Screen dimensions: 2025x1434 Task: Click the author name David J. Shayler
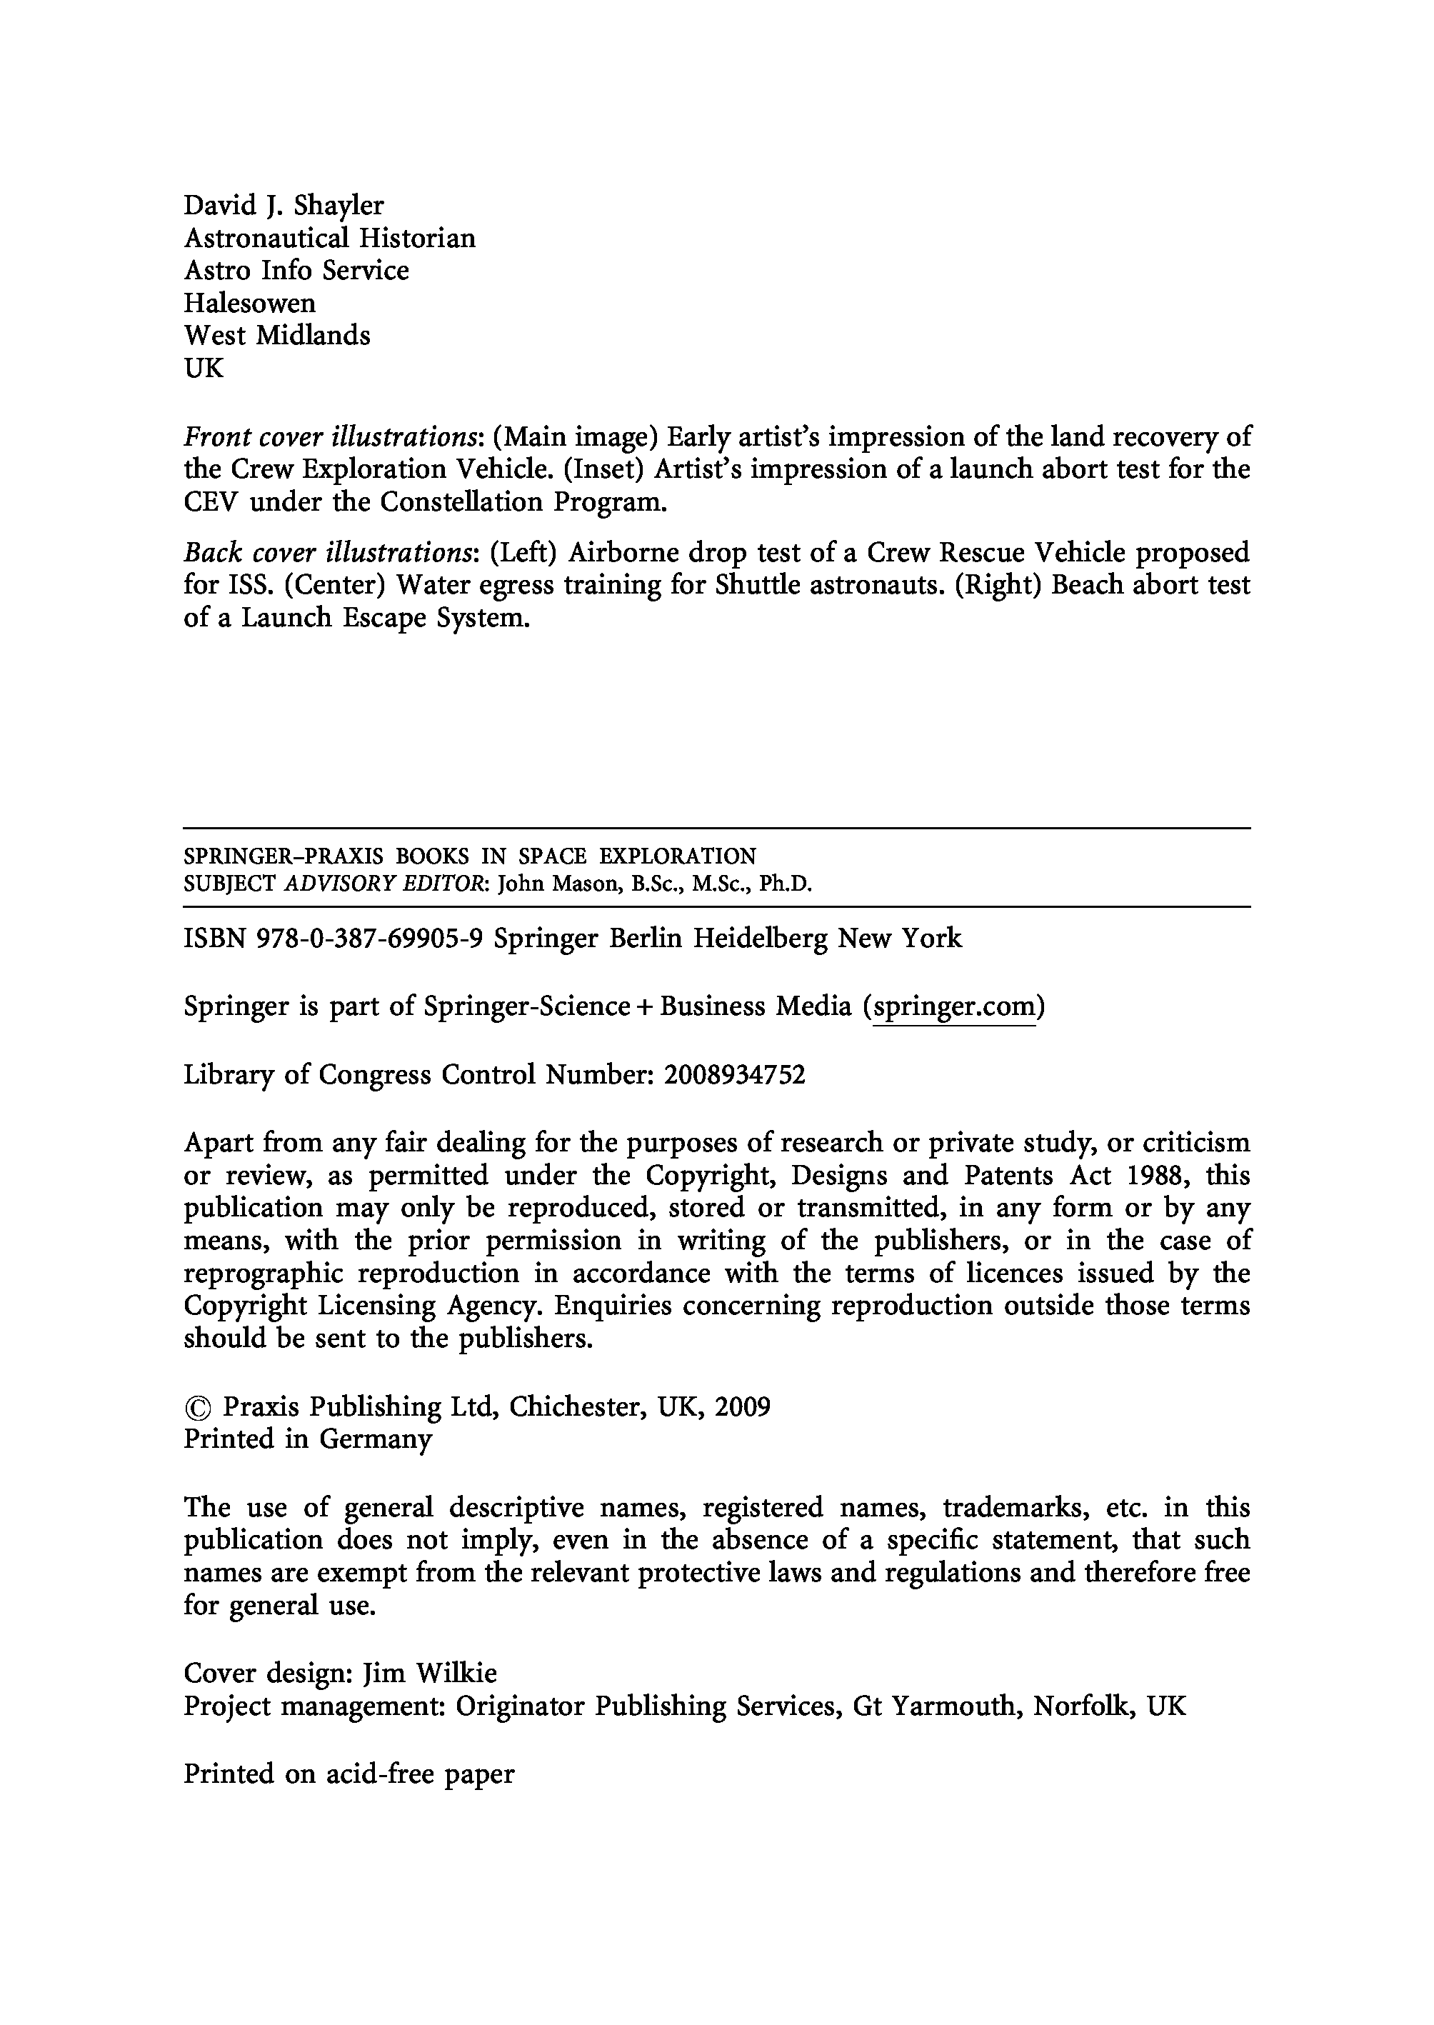click(x=284, y=206)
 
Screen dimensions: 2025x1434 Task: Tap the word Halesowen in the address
click(x=249, y=304)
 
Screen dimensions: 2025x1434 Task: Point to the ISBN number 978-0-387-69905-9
click(x=369, y=938)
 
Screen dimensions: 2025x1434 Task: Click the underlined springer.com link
click(x=953, y=1006)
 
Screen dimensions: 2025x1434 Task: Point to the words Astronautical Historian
click(x=329, y=239)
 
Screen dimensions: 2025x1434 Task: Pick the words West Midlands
click(x=276, y=336)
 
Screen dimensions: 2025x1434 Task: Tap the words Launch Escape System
click(x=385, y=618)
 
